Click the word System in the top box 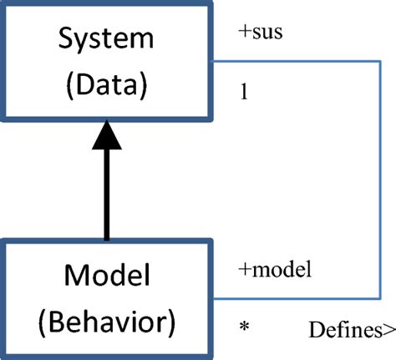(106, 38)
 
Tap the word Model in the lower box (106, 275)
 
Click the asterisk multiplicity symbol (244, 325)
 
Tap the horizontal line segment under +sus (292, 62)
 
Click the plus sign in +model (243, 271)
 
